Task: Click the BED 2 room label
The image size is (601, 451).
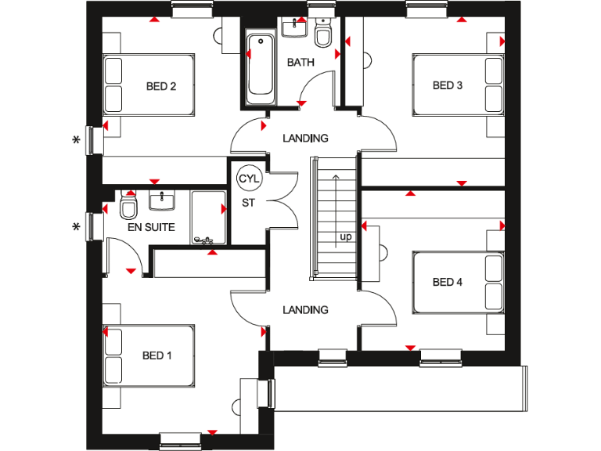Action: coord(160,86)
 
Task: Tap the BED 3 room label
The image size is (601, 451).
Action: coord(447,85)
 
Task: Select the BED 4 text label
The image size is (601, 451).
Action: coord(447,282)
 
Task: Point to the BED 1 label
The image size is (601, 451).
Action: coord(157,355)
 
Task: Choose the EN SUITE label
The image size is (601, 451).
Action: coord(152,228)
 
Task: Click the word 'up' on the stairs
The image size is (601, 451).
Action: coord(344,236)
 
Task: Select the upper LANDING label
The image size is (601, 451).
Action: coord(306,139)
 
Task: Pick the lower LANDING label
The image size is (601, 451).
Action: coord(306,310)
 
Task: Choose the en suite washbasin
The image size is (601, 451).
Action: coord(162,201)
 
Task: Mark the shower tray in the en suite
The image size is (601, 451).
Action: coord(207,218)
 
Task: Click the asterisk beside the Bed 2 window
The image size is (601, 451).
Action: coord(76,140)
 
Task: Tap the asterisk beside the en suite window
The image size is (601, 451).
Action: coord(76,228)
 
